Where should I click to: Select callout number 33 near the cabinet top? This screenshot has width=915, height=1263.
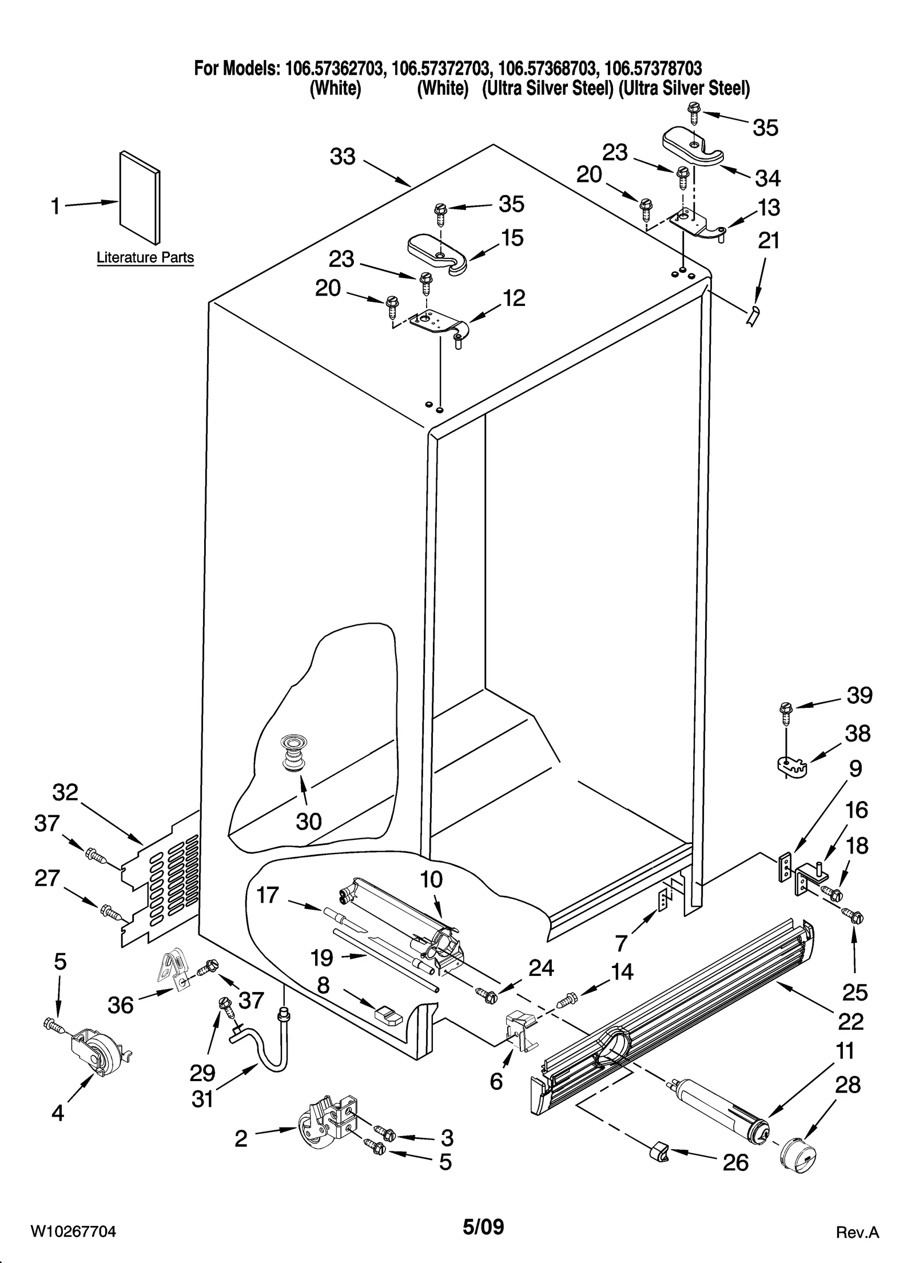pos(343,156)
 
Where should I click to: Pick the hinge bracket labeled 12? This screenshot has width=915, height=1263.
pos(437,326)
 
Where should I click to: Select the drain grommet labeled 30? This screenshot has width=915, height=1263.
pos(293,755)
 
